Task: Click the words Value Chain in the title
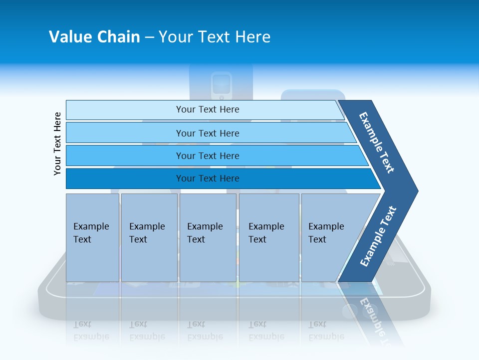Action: pyautogui.click(x=94, y=37)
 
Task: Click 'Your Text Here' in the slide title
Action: pyautogui.click(x=215, y=37)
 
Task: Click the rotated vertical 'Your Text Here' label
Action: pyautogui.click(x=58, y=143)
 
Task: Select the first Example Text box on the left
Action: pyautogui.click(x=92, y=237)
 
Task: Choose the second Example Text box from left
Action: pyautogui.click(x=149, y=237)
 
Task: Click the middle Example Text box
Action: pyautogui.click(x=208, y=237)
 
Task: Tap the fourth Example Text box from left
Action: pyautogui.click(x=269, y=237)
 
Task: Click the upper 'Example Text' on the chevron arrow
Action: pyautogui.click(x=377, y=142)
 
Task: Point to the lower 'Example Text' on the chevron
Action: pyautogui.click(x=378, y=236)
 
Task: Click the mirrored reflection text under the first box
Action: pyautogui.click(x=91, y=330)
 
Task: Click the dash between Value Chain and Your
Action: pyautogui.click(x=149, y=37)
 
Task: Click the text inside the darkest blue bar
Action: pyautogui.click(x=208, y=178)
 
